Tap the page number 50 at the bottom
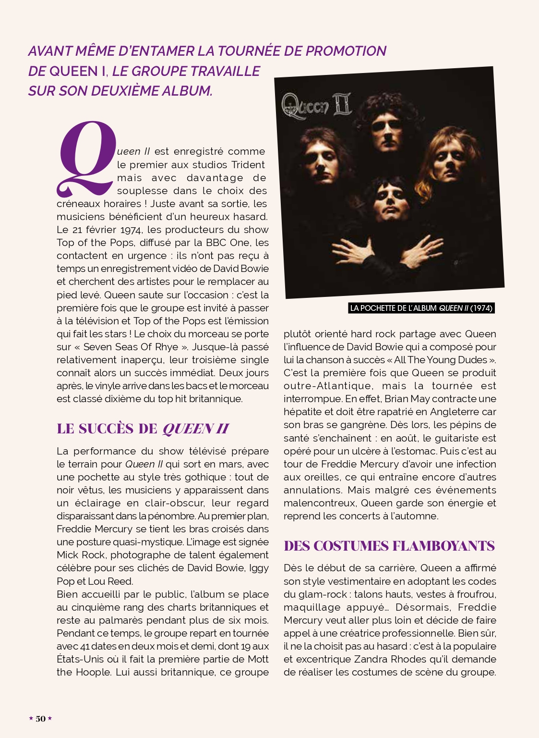click(41, 719)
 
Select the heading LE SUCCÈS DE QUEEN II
click(143, 429)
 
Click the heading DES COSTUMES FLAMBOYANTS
click(389, 546)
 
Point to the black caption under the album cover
click(421, 308)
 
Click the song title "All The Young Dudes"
click(440, 360)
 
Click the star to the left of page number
click(31, 719)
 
